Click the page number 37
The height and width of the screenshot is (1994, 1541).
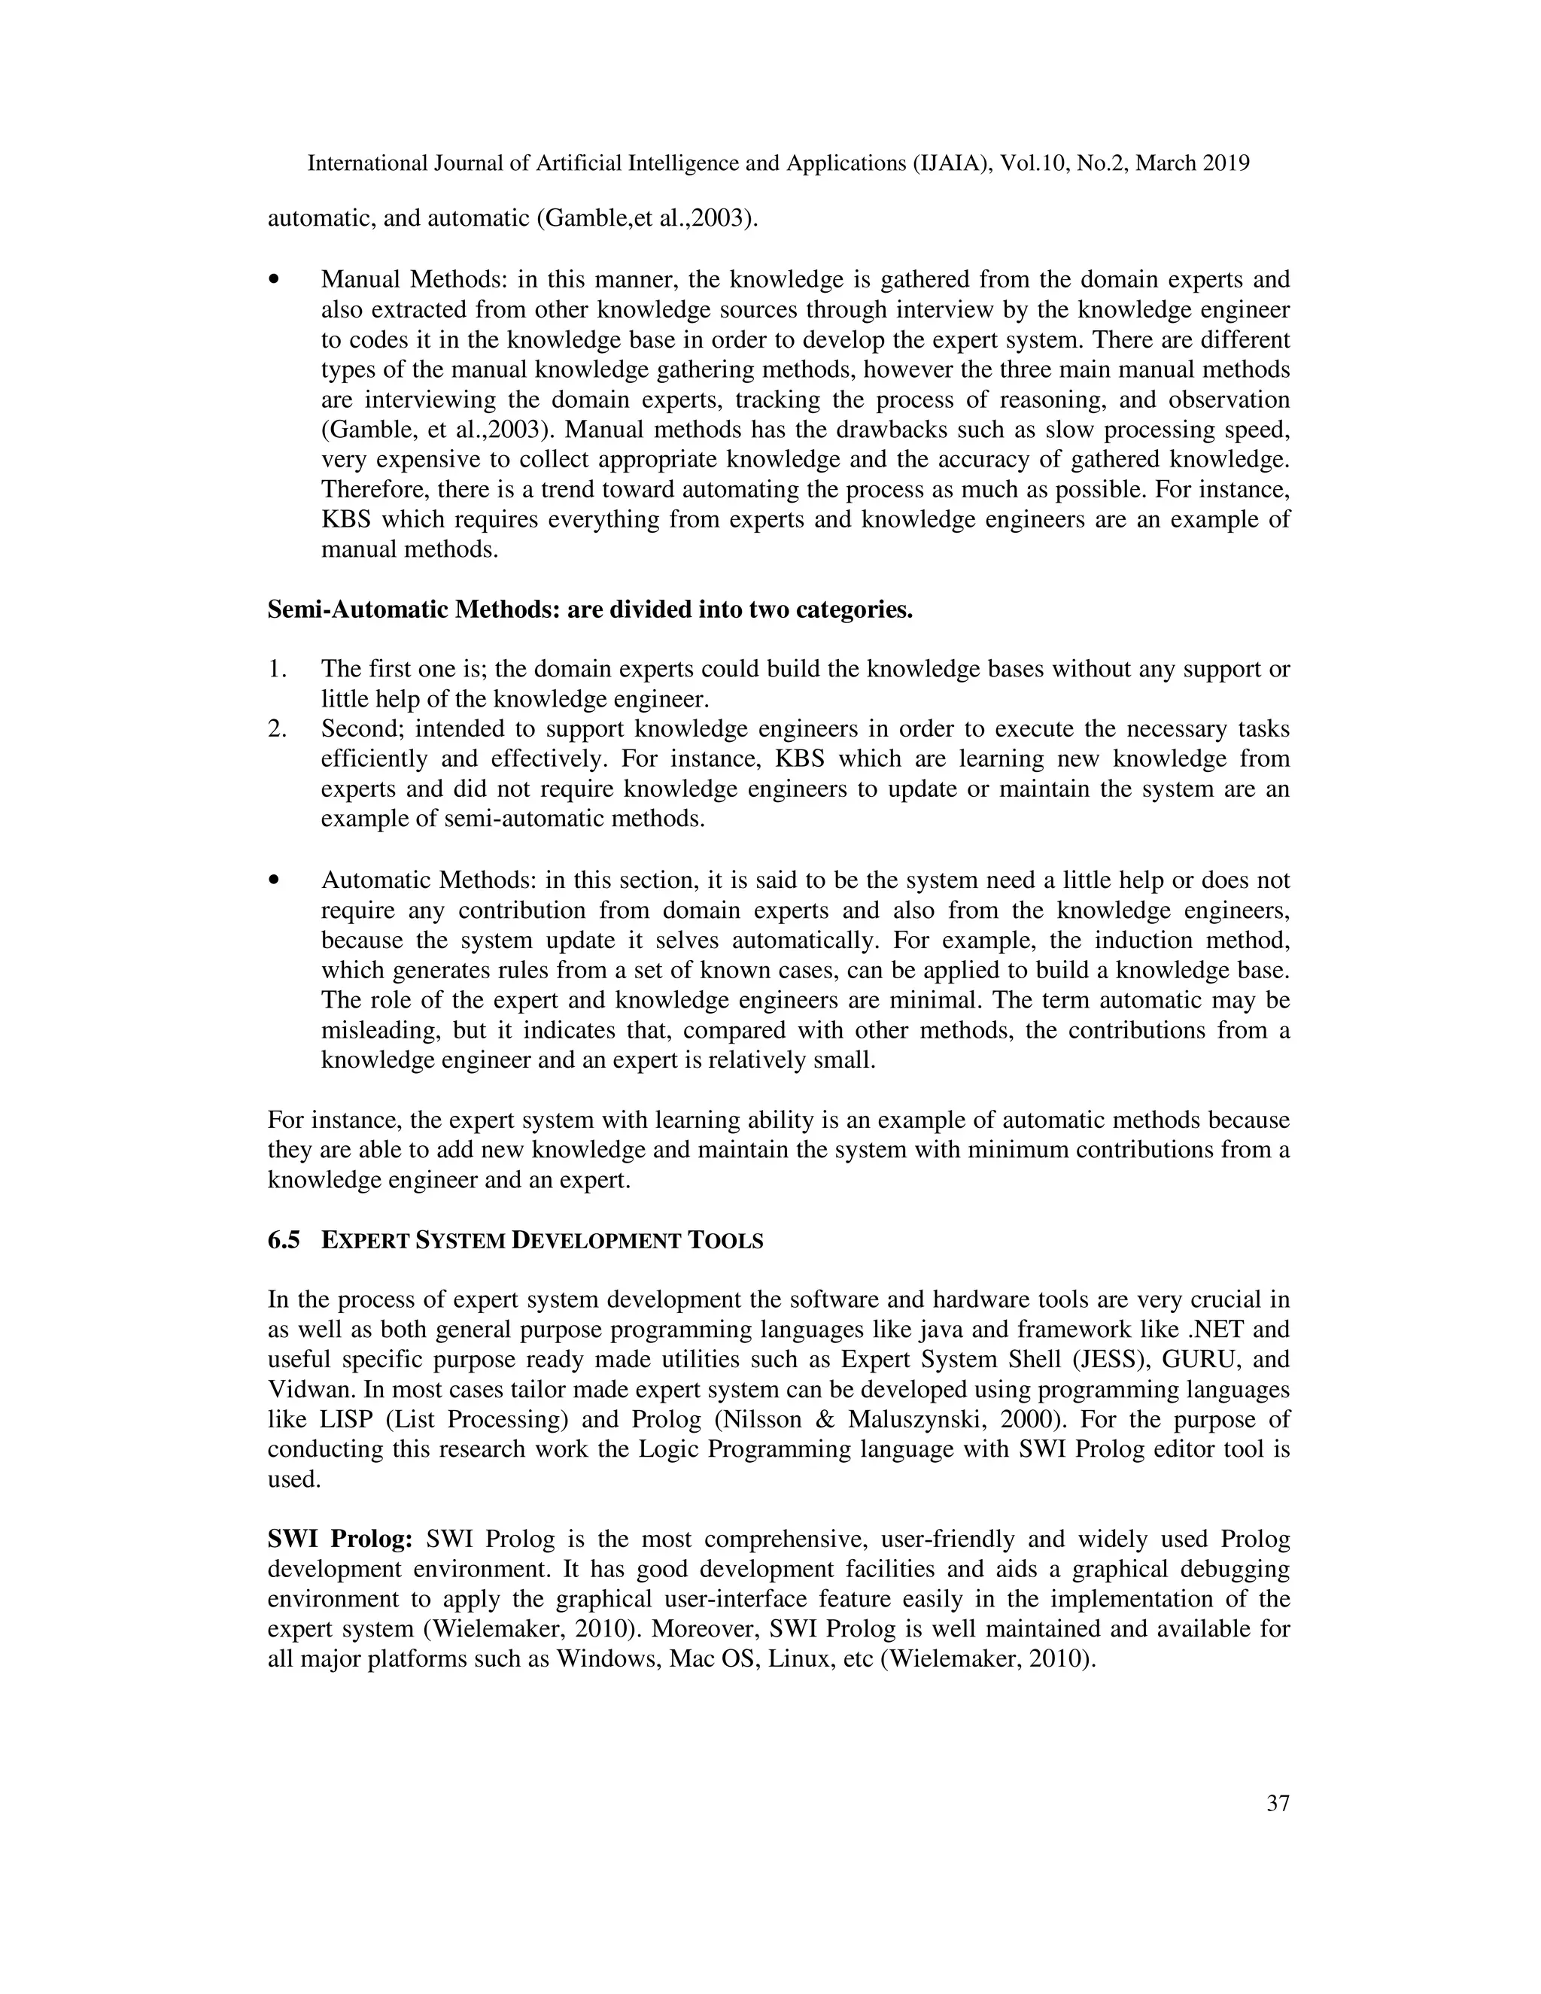click(1277, 1803)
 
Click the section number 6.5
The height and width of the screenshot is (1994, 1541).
click(283, 1241)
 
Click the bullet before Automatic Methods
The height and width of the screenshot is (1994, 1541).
click(274, 881)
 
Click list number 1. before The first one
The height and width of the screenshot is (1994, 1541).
click(278, 669)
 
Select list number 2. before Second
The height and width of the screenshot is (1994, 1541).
click(278, 729)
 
